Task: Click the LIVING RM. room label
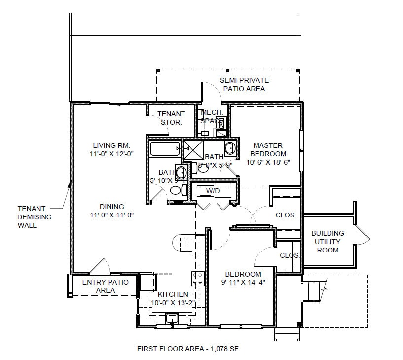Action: click(111, 145)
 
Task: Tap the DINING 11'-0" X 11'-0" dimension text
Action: click(111, 215)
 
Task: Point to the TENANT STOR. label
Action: click(171, 118)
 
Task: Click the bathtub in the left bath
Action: click(165, 148)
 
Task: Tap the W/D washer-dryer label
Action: click(213, 190)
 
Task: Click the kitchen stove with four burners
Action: click(198, 279)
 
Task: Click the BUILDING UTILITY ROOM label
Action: click(328, 242)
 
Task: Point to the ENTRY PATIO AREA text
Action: click(105, 286)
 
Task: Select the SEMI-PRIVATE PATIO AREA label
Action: click(244, 84)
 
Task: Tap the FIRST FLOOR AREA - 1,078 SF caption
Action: click(188, 349)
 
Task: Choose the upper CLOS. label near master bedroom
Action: click(286, 215)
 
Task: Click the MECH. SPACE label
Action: click(212, 117)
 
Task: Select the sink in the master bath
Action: click(229, 147)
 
